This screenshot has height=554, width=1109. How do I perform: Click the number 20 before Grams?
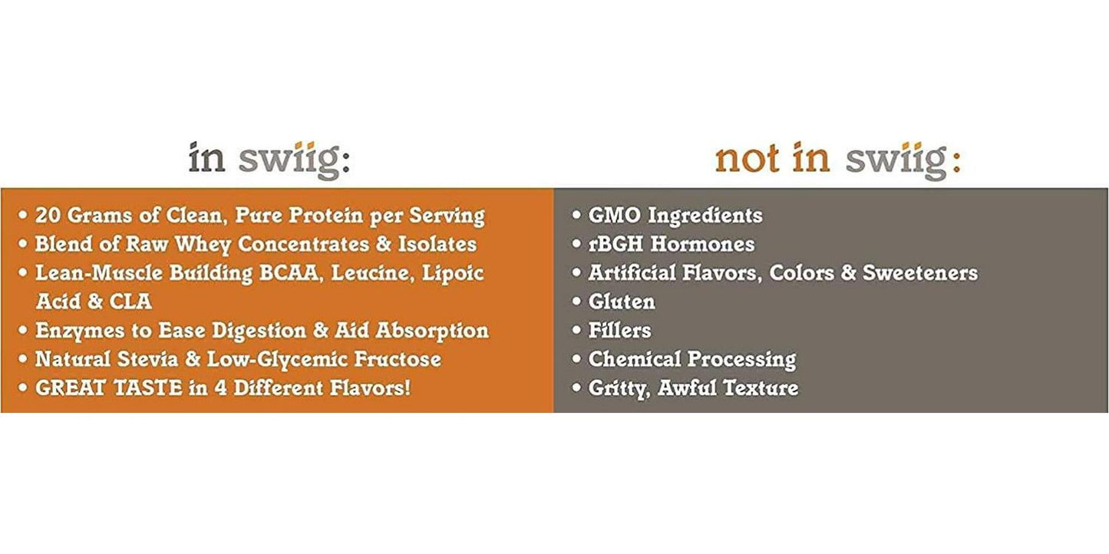point(48,216)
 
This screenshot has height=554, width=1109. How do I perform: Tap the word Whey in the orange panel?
point(203,245)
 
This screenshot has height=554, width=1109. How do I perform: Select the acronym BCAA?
point(289,273)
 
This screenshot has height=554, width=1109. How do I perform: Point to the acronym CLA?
point(130,302)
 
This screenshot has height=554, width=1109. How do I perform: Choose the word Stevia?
point(148,359)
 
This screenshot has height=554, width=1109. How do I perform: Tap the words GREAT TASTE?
point(109,387)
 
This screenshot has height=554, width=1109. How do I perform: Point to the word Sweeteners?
point(920,273)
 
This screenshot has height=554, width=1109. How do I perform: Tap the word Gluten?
point(622,302)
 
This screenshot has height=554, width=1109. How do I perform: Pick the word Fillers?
point(619,330)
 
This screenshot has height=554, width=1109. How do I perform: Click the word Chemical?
point(634,359)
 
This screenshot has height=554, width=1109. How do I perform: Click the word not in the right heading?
point(747,158)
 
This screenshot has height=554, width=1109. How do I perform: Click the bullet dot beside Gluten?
point(576,301)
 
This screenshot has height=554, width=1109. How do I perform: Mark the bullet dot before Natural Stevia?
point(23,358)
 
